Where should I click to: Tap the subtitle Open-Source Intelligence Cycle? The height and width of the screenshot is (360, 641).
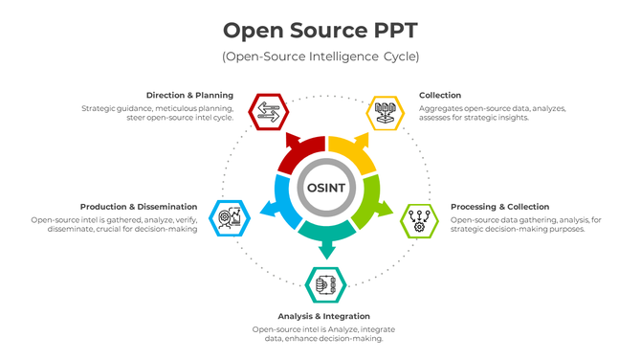pos(320,56)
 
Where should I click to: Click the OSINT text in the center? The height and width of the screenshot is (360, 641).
pos(326,186)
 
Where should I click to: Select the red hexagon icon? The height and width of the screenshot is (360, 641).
pos(267,112)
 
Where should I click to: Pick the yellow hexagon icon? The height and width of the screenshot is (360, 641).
pos(385,112)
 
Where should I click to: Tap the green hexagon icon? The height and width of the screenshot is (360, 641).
pos(418,219)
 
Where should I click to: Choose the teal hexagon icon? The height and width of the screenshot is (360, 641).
pos(325,284)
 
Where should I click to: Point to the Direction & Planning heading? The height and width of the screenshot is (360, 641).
pos(189,95)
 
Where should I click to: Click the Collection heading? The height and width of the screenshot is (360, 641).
pos(440,95)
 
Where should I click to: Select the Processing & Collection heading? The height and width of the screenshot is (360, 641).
pos(499,206)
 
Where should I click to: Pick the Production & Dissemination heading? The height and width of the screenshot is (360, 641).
pos(139,206)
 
